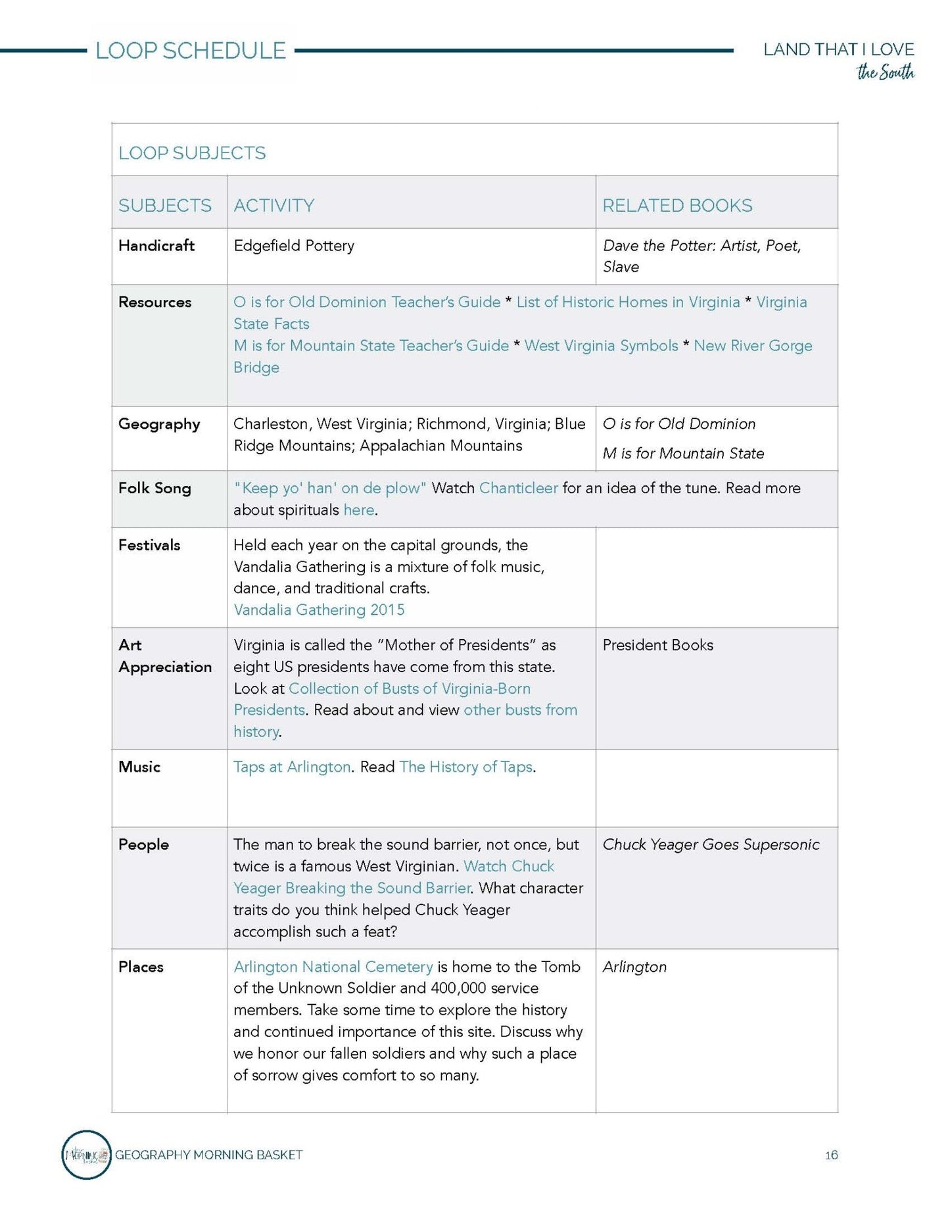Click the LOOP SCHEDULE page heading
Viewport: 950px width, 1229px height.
point(191,51)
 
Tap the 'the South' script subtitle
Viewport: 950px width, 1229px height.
point(885,72)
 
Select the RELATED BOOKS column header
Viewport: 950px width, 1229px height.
point(677,206)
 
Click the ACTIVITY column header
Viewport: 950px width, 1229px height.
point(273,206)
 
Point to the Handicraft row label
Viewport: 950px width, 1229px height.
point(156,245)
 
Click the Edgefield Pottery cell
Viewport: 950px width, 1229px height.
point(294,245)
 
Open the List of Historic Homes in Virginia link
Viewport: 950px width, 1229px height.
point(628,302)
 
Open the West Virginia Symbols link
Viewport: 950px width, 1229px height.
point(601,346)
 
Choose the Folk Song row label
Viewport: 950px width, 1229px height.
point(154,488)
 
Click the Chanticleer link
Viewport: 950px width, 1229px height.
point(518,488)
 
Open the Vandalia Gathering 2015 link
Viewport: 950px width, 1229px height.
point(319,610)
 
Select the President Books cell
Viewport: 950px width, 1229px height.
point(657,645)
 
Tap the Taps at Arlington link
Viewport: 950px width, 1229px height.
point(292,767)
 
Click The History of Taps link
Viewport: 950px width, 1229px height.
point(465,767)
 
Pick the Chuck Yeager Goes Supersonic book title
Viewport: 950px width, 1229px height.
point(711,844)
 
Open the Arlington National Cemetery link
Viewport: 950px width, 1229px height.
point(333,967)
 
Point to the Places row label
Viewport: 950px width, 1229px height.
point(141,967)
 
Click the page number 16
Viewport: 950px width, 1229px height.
point(831,1155)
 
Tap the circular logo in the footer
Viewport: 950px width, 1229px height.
point(86,1155)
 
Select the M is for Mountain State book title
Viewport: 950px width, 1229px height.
point(683,453)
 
